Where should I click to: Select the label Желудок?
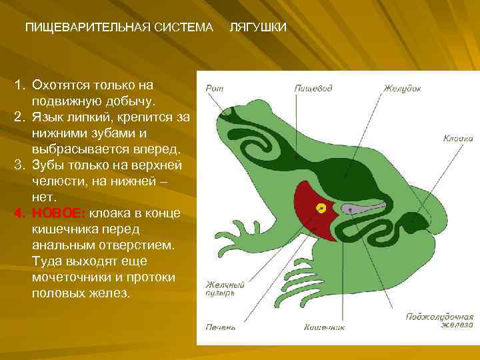402,87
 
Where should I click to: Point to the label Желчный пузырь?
225,289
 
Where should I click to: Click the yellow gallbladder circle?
322,208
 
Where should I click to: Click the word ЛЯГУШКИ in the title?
258,27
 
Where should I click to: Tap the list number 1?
19,85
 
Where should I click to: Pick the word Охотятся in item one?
59,85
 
